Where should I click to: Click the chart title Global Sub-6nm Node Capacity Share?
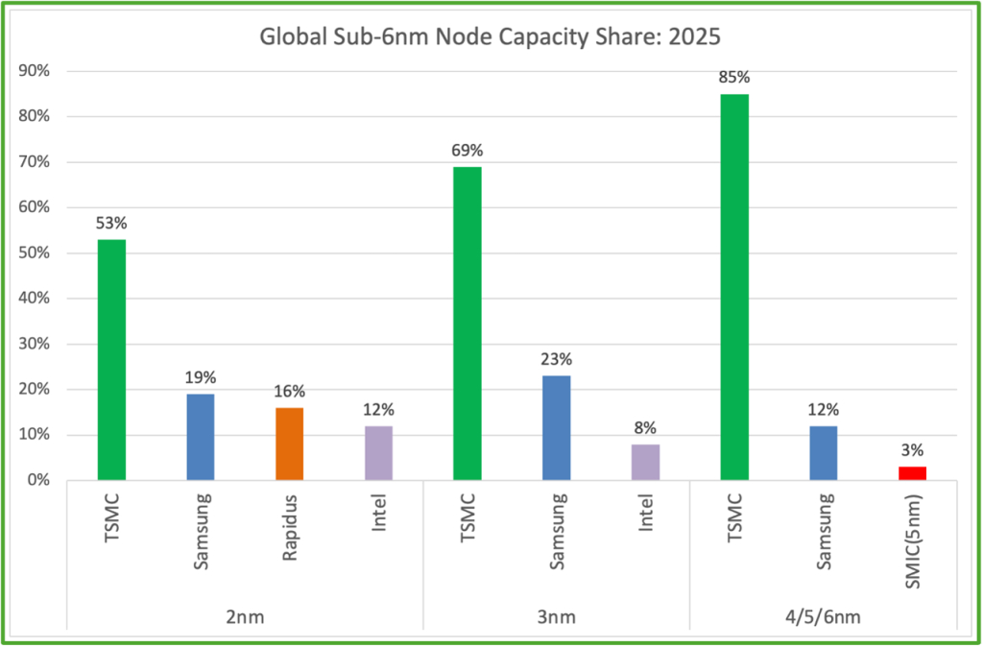click(491, 37)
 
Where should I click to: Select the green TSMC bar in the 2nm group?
click(111, 359)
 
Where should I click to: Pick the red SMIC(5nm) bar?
click(912, 473)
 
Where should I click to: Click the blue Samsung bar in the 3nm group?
click(556, 427)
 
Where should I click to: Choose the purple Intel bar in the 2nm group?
click(378, 452)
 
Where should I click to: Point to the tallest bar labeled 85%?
click(734, 287)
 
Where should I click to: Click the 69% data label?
click(468, 150)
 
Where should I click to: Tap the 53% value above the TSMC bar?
click(111, 223)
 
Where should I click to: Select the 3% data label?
click(912, 449)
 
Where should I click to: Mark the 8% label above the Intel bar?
click(645, 427)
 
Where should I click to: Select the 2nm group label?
click(245, 616)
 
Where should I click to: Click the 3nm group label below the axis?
click(556, 616)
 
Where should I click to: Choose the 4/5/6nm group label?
click(823, 616)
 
